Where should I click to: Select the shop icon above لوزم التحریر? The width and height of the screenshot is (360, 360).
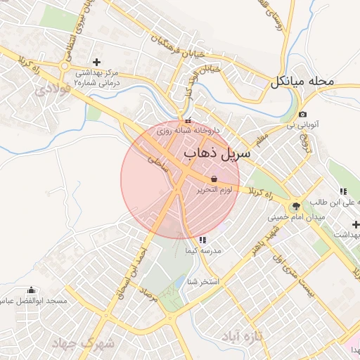pos(214,179)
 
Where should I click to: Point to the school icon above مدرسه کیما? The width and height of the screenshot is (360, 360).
pos(203,240)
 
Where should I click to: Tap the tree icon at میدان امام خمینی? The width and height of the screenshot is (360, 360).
pos(295,206)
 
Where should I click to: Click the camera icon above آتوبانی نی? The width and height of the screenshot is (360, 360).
pos(302,114)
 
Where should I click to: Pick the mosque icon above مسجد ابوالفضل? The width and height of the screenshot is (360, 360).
pos(30,290)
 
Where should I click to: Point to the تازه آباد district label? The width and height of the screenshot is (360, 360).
pos(242,337)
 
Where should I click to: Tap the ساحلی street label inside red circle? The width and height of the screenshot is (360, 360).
pos(154,165)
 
